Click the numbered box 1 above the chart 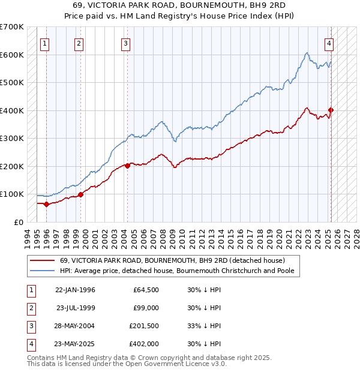[x=46, y=43]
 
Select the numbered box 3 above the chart [x=125, y=43]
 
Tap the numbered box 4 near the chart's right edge [x=329, y=43]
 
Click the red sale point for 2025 [x=331, y=110]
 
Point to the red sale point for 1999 [x=80, y=194]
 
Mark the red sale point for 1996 [x=47, y=204]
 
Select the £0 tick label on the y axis [x=17, y=222]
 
